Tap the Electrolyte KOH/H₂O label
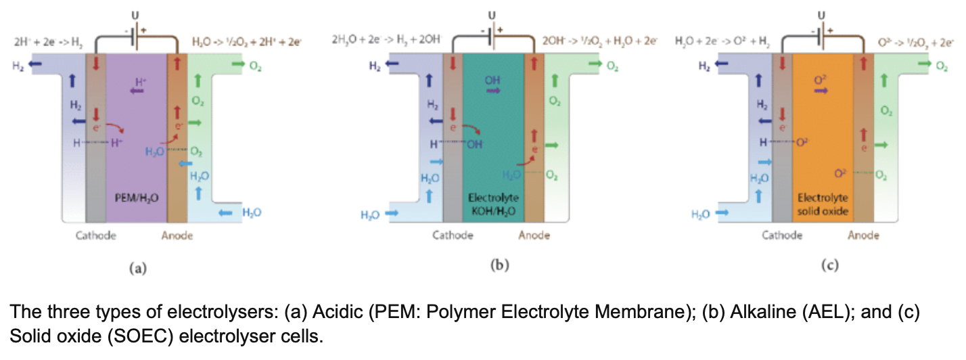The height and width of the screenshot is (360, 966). pyautogui.click(x=494, y=204)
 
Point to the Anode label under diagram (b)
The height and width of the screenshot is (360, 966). pyautogui.click(x=534, y=236)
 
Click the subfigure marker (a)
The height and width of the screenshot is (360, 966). pyautogui.click(x=138, y=269)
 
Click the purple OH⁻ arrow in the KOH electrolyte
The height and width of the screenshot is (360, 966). pyautogui.click(x=494, y=90)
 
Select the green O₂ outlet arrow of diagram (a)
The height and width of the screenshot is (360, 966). pyautogui.click(x=238, y=64)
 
